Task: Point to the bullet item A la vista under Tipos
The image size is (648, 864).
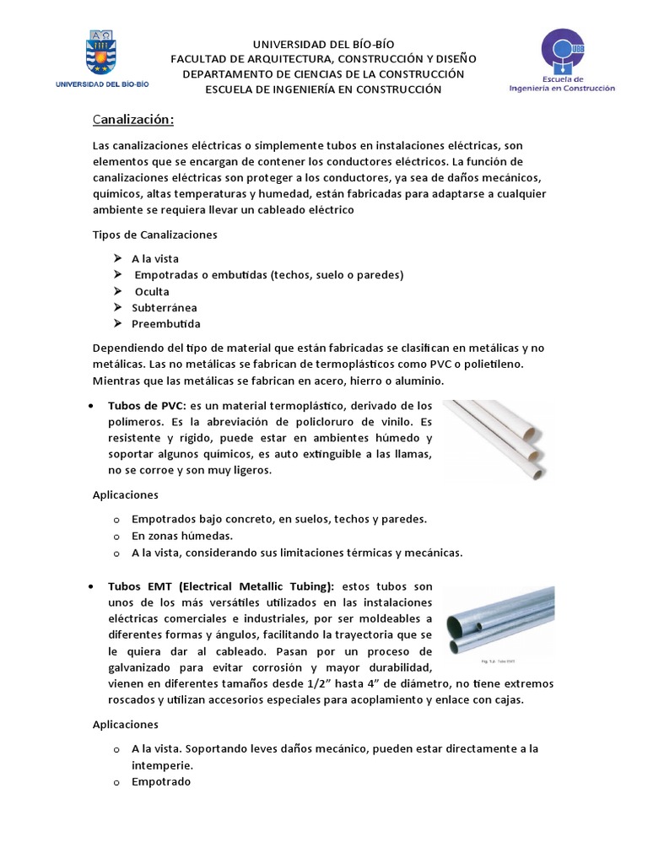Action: [x=154, y=259]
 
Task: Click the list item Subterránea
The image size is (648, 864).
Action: [x=165, y=308]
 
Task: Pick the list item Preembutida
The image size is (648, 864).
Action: [x=165, y=324]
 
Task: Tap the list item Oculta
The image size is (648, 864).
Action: [x=153, y=292]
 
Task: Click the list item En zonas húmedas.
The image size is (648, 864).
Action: [x=181, y=536]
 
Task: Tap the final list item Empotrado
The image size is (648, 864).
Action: [x=161, y=781]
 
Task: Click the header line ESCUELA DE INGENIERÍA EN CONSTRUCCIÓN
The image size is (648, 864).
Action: [x=324, y=89]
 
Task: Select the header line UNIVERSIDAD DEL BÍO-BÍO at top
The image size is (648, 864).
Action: [x=324, y=44]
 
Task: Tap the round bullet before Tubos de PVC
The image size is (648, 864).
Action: [x=90, y=406]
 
